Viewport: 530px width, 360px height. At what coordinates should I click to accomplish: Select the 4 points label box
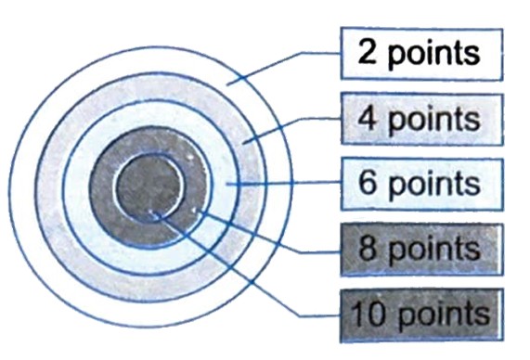coord(420,118)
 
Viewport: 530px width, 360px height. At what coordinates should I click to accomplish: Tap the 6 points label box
coord(420,183)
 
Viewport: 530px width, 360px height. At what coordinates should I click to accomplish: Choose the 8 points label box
coord(420,247)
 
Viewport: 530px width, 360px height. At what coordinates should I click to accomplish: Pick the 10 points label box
coord(420,313)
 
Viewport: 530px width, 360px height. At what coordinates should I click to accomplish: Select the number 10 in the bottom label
coord(364,313)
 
